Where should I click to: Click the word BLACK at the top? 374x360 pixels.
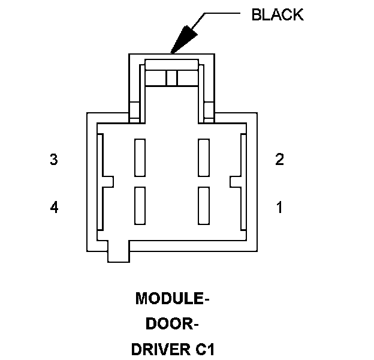point(278,15)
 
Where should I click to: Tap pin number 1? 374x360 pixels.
point(279,208)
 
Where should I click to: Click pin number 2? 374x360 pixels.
point(279,160)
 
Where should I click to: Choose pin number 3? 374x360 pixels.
point(54,160)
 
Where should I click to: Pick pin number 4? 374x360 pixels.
point(54,208)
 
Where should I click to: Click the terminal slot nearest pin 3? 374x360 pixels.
point(140,157)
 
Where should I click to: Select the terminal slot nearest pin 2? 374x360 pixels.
point(204,157)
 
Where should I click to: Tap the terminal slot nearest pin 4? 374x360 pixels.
point(140,205)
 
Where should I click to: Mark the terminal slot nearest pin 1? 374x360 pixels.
point(204,205)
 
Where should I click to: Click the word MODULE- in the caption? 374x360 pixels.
point(172,298)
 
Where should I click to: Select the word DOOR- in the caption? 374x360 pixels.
point(172,324)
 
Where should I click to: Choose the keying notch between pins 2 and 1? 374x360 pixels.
point(236,181)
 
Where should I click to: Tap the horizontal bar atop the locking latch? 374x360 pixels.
point(172,64)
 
